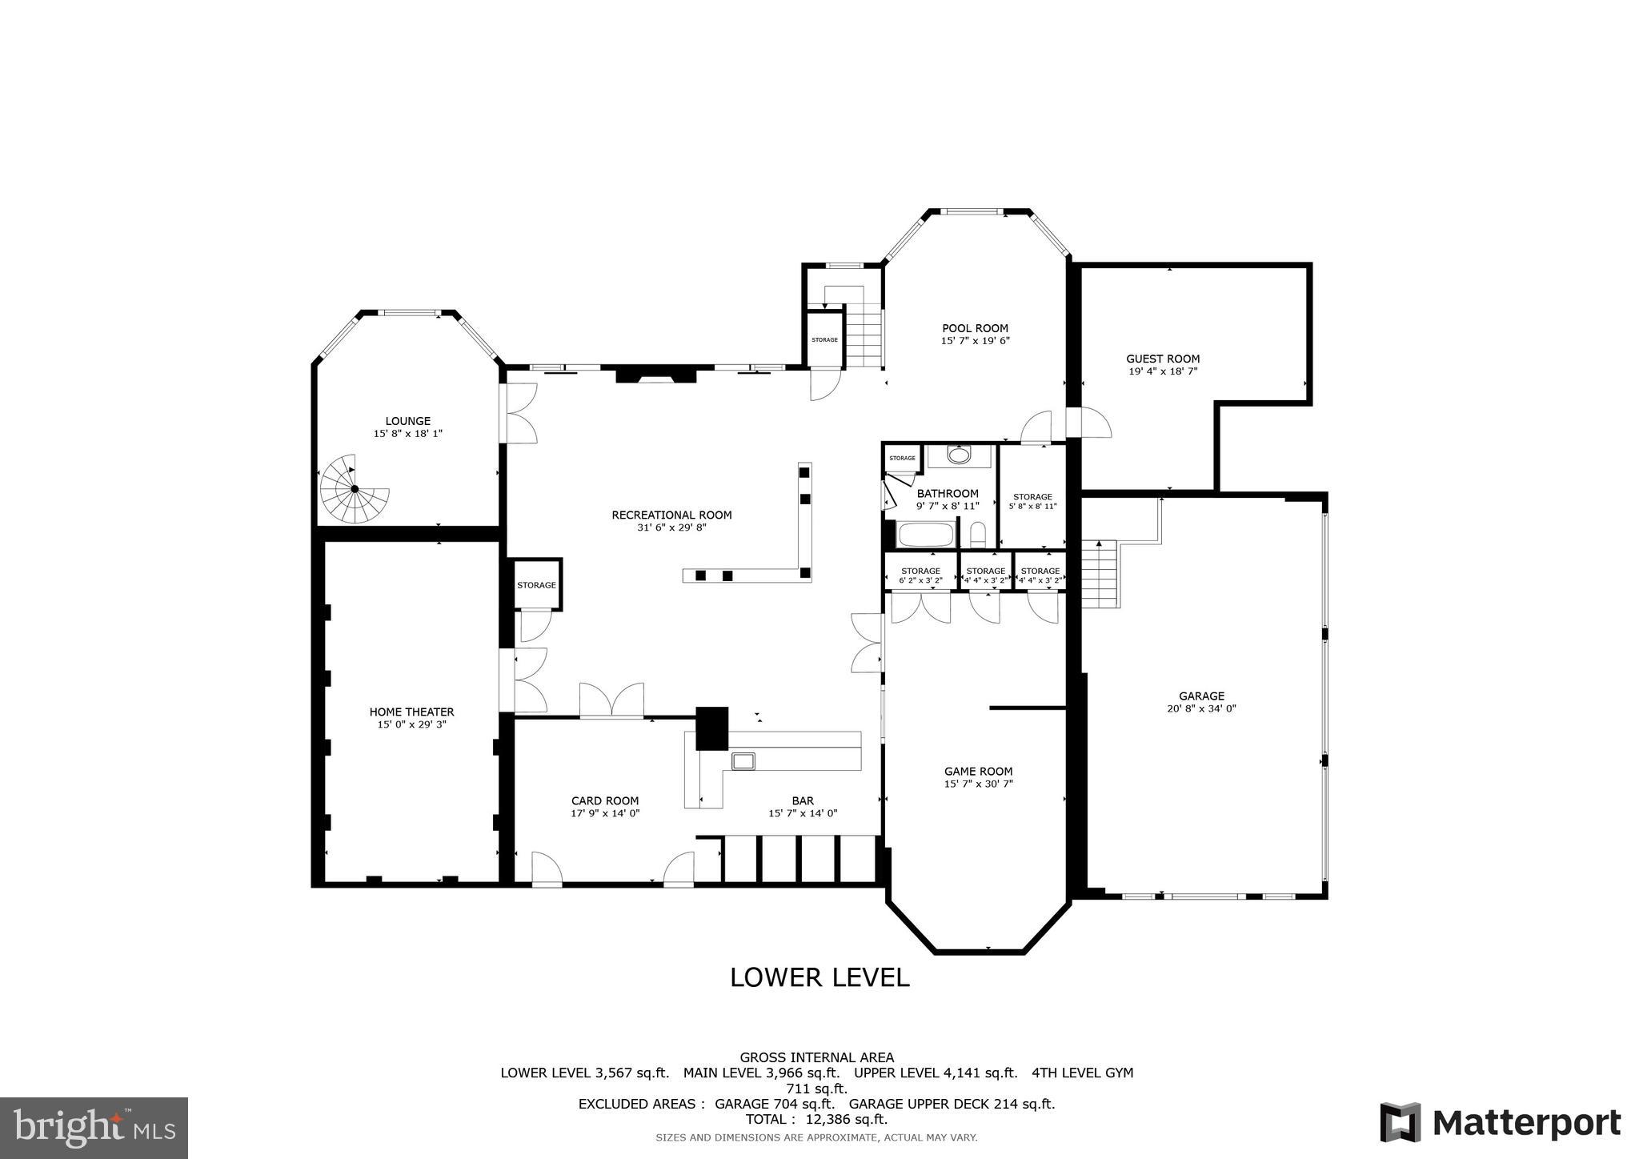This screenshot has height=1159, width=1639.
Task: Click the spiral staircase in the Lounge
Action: pos(355,489)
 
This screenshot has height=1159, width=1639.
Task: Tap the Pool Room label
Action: pos(975,328)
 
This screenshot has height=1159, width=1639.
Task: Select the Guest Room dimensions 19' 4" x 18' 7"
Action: pos(1162,371)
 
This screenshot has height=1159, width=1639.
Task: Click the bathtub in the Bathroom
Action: pos(926,534)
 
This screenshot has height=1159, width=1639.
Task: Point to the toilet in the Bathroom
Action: pos(977,534)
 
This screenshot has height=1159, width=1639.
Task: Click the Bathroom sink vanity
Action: pos(958,456)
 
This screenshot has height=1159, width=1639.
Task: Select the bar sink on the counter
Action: pos(743,760)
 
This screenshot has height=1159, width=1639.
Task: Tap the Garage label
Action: pos(1200,696)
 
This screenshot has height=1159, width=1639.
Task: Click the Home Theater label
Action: pos(411,712)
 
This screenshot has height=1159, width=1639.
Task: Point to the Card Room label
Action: pos(605,800)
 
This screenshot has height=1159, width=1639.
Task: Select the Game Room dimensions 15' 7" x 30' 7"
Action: pos(978,784)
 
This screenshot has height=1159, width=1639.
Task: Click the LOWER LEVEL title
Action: pos(819,977)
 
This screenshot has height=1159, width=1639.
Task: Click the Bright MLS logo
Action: pos(94,1127)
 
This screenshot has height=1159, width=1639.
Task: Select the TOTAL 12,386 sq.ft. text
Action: pos(816,1119)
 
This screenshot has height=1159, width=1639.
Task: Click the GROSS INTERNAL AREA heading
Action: pos(816,1057)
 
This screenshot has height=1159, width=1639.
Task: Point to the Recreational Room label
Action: pos(671,515)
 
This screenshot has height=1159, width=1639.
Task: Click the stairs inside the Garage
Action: pos(1099,573)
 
